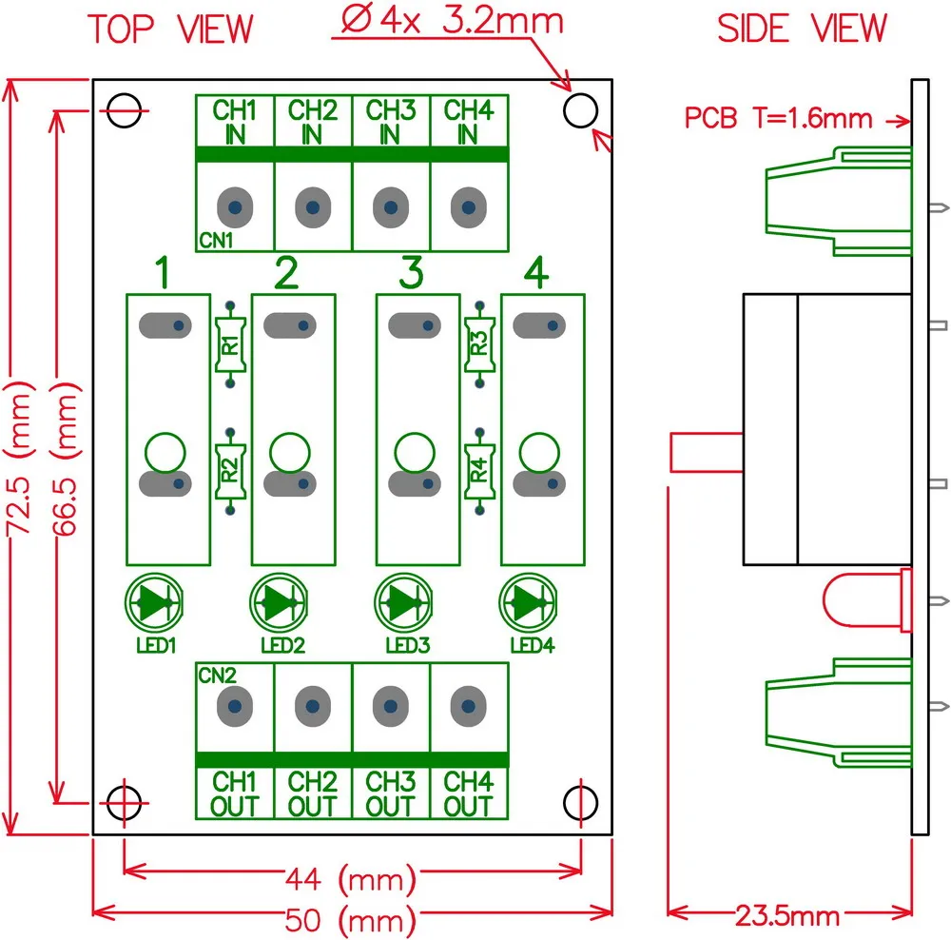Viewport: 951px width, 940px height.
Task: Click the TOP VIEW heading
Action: [x=170, y=29]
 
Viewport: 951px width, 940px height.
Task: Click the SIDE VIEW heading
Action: [x=802, y=28]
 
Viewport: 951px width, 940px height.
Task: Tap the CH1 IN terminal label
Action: [x=235, y=122]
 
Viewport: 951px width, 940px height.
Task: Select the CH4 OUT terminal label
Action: [x=469, y=794]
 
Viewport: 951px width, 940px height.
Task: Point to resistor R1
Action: [x=230, y=344]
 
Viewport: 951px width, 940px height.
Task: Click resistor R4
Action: [x=479, y=471]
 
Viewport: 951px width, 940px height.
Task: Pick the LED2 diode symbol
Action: [x=279, y=602]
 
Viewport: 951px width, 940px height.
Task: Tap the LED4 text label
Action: [x=533, y=645]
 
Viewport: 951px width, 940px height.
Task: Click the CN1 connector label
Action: [x=217, y=241]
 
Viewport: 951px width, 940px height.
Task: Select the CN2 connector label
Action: [x=217, y=676]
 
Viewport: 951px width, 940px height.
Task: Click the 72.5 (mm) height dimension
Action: [x=17, y=460]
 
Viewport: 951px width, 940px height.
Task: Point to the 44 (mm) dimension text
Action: [x=351, y=879]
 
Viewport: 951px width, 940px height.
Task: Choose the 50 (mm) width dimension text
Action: [x=351, y=920]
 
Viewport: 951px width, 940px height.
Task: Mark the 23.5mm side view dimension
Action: [x=787, y=915]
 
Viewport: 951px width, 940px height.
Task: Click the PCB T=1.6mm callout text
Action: [x=778, y=118]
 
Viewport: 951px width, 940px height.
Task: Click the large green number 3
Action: [x=411, y=272]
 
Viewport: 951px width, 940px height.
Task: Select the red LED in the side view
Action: [x=867, y=600]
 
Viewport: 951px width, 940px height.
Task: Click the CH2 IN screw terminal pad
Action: [x=313, y=207]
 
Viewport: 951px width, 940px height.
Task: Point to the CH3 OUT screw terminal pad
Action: [x=391, y=706]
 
